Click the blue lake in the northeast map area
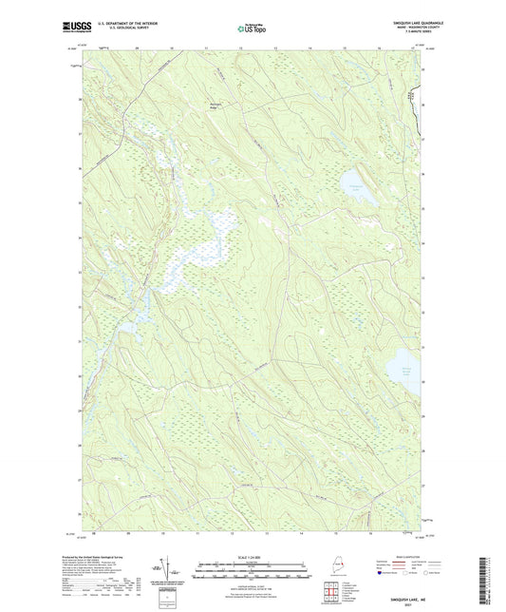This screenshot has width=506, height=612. click(x=353, y=191)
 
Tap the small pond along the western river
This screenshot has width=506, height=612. click(x=124, y=327)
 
